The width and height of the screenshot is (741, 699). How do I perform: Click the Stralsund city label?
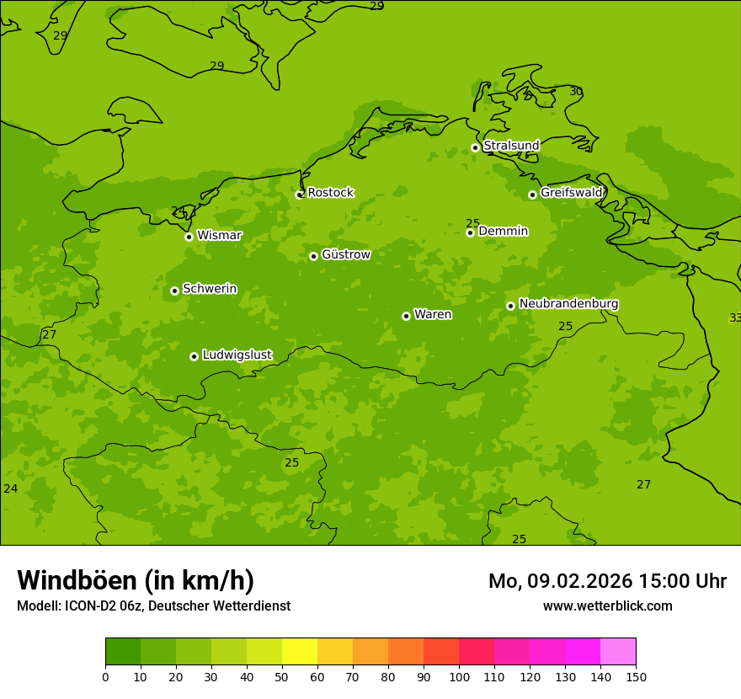click(511, 146)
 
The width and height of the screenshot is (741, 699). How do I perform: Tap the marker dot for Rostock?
click(299, 195)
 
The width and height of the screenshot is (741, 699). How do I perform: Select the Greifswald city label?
click(571, 193)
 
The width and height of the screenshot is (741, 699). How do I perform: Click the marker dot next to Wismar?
click(189, 237)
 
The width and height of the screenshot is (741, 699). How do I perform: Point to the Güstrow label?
click(345, 254)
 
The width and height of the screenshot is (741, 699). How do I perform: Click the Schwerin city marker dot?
click(174, 291)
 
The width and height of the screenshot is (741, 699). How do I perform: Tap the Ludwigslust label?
click(237, 355)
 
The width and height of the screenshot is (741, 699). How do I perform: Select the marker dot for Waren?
click(406, 316)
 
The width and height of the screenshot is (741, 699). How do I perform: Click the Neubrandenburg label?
click(568, 303)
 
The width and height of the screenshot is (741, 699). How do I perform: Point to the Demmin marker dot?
click(470, 232)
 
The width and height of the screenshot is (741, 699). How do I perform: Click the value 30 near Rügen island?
click(576, 91)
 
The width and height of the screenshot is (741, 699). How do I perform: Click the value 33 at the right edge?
click(735, 317)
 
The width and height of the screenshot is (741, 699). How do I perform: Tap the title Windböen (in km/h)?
click(136, 580)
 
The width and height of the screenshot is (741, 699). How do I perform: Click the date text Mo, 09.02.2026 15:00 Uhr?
click(607, 581)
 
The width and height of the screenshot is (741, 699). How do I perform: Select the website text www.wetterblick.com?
click(607, 606)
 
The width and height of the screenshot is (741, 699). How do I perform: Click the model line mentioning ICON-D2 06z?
click(153, 606)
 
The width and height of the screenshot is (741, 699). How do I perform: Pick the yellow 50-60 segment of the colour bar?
click(300, 652)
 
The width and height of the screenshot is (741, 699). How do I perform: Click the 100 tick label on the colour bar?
click(459, 676)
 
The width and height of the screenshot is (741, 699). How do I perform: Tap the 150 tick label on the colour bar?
click(636, 676)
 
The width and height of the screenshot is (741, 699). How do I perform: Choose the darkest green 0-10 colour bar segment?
click(123, 652)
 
